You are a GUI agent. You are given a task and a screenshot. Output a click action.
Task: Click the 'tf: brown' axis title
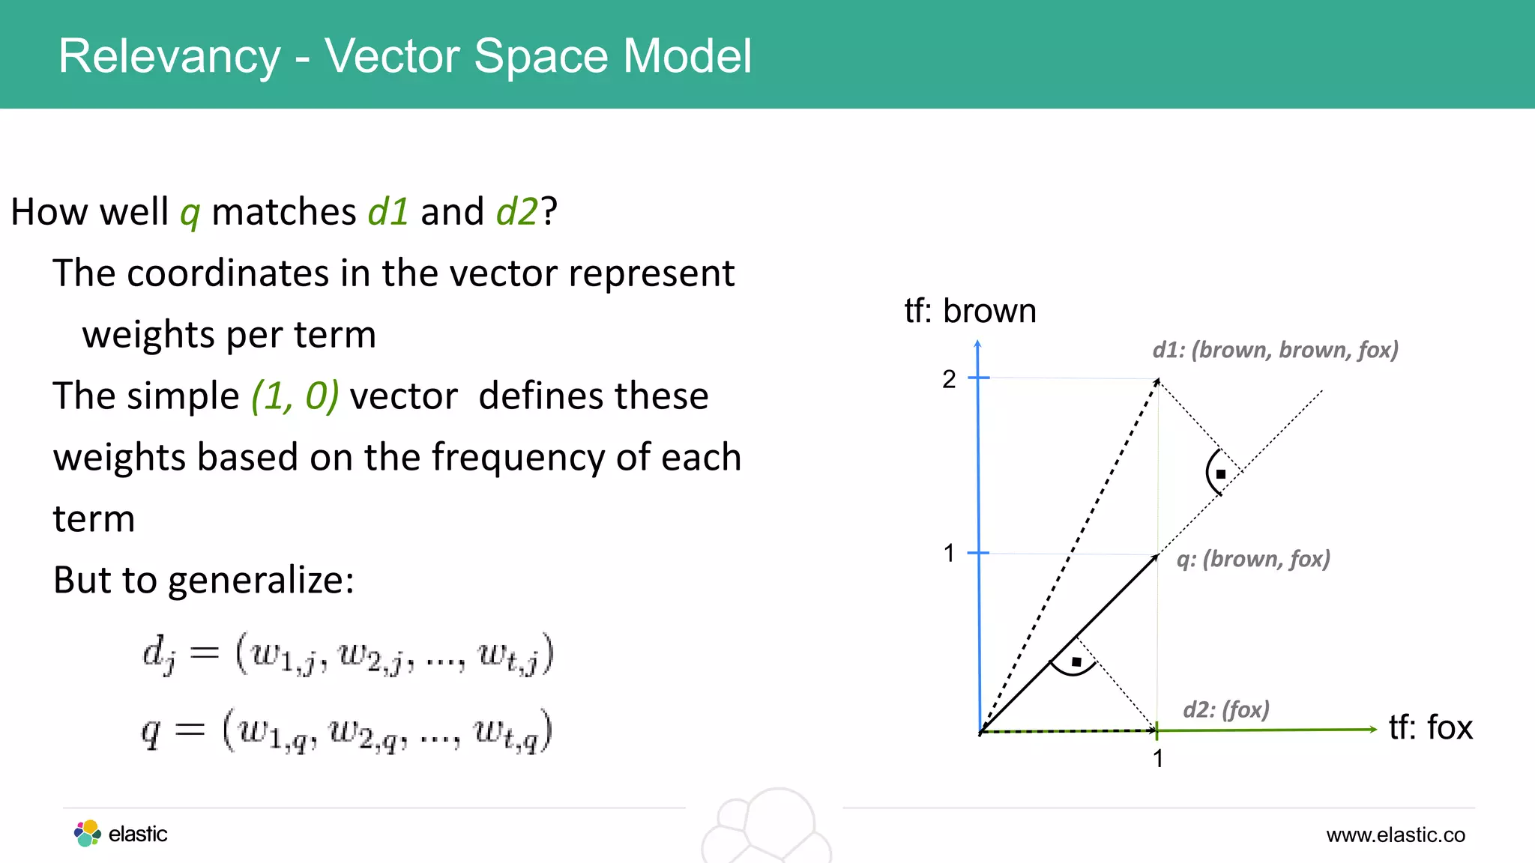(970, 311)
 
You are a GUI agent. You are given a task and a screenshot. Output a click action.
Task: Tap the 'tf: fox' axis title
(1430, 727)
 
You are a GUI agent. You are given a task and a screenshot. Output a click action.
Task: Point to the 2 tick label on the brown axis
(949, 379)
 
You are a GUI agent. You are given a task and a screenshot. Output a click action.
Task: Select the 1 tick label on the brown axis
(949, 554)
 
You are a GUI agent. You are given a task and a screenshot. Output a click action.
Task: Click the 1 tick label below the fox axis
(1158, 759)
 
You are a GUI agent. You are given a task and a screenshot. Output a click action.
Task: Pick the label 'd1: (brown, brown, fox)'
(1275, 350)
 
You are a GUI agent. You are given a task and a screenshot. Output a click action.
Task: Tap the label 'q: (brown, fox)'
(1253, 559)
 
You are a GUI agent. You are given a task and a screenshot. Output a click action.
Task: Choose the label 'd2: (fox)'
(1226, 709)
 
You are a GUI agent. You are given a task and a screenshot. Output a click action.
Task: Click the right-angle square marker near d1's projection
(1221, 474)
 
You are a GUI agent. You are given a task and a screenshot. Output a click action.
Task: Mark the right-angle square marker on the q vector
(1076, 662)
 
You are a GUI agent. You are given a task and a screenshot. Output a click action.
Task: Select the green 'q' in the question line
(190, 213)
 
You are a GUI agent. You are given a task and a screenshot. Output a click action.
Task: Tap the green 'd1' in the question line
(388, 211)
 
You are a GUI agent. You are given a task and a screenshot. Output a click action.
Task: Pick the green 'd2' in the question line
(517, 211)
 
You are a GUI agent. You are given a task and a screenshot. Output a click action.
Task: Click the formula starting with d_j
(348, 653)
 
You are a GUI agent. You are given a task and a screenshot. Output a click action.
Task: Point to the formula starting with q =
(346, 730)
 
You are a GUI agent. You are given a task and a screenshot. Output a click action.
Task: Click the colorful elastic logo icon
(87, 833)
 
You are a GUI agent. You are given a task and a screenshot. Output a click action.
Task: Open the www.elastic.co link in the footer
(1395, 835)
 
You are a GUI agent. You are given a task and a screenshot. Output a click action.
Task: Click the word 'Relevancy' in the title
(169, 56)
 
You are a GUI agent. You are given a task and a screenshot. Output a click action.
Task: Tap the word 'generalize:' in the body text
(262, 580)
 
